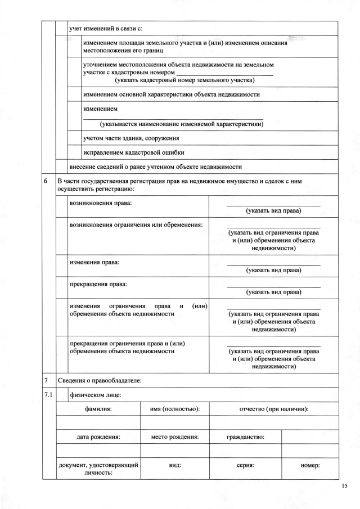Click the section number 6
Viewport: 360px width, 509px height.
coord(46,182)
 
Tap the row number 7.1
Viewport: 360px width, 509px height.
coord(48,395)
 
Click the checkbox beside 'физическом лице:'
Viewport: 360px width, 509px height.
coord(61,395)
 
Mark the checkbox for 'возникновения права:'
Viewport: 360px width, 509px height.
coord(61,206)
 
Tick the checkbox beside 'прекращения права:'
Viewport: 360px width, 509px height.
coord(61,287)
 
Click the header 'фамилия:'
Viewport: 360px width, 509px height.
coord(98,409)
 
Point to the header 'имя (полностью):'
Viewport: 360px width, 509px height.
coord(175,409)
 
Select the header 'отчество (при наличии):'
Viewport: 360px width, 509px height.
coord(274,409)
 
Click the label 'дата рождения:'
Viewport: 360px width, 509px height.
coord(98,436)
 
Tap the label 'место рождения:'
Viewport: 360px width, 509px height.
coord(175,436)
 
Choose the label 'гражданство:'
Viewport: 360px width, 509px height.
coord(245,436)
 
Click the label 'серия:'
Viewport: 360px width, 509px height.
coord(245,466)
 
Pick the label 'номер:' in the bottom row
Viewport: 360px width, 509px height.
coord(310,466)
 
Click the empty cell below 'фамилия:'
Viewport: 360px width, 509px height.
coord(98,422)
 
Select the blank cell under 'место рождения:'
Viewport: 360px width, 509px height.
coord(175,450)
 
